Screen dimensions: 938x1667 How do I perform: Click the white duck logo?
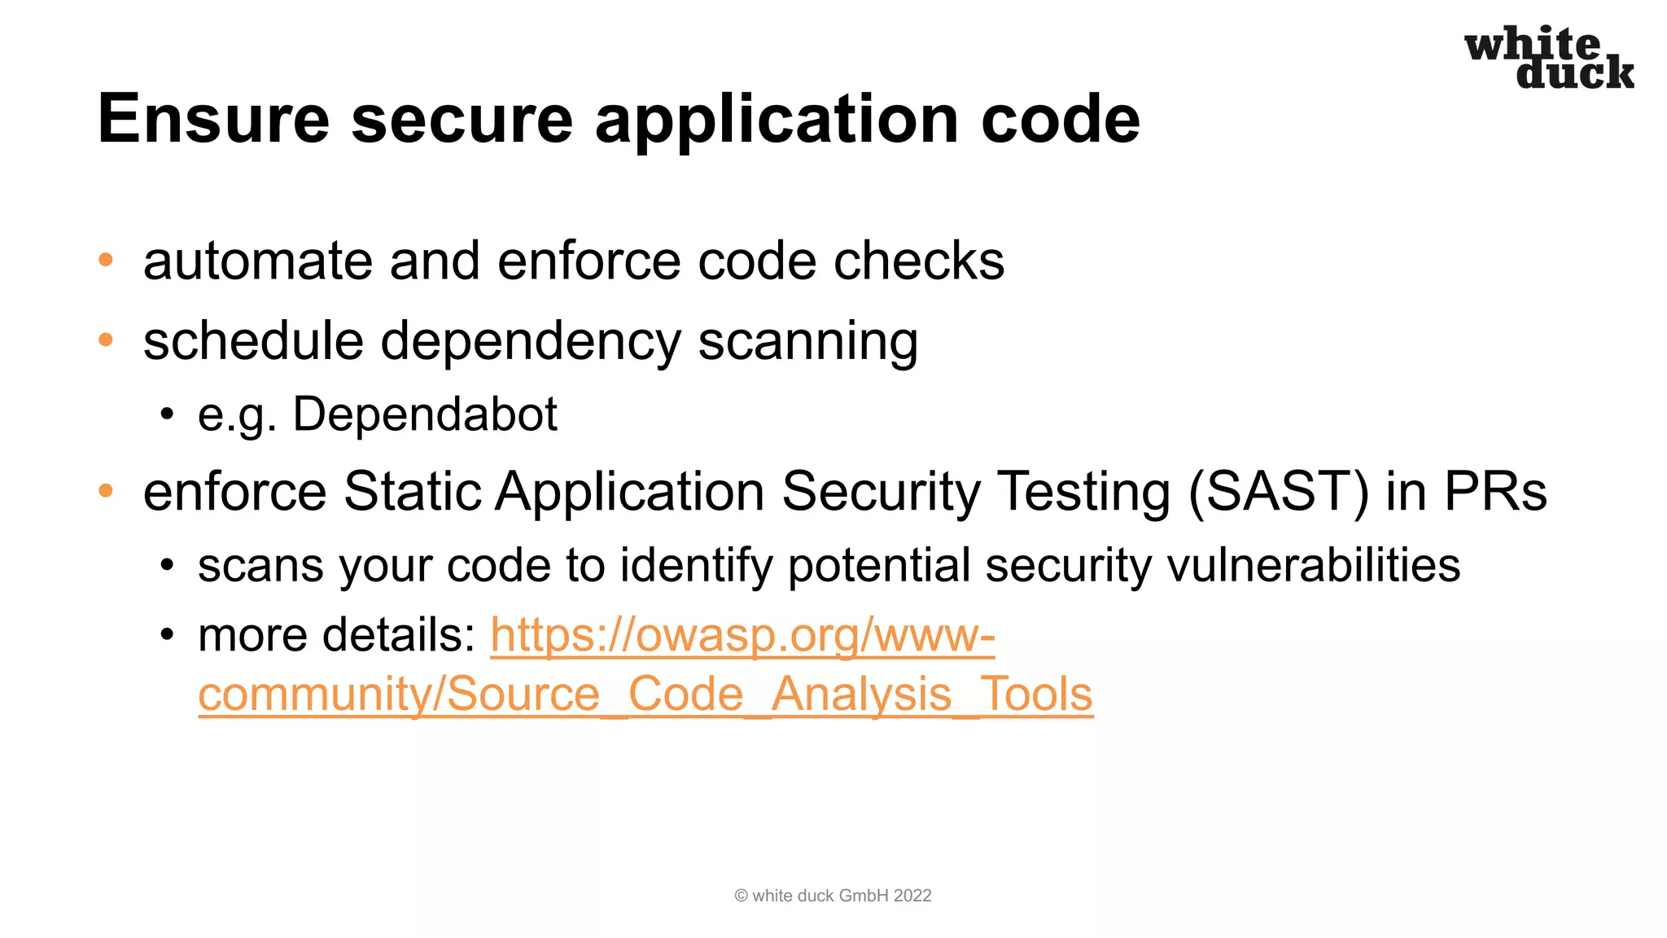(1549, 58)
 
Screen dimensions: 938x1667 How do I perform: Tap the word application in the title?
(777, 121)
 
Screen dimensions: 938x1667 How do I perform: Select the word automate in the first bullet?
(257, 261)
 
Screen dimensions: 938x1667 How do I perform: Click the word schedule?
(253, 340)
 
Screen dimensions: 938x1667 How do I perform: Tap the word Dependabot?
(424, 414)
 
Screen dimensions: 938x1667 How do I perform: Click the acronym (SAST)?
(1279, 492)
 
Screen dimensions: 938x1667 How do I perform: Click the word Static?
(413, 492)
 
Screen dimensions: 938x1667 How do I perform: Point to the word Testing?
(1084, 493)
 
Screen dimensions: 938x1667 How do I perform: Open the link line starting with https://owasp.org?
(742, 635)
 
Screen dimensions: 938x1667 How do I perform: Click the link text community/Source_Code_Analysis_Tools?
(645, 695)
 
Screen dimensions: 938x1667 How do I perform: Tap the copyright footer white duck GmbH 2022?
(833, 896)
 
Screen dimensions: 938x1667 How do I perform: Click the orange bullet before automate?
(105, 261)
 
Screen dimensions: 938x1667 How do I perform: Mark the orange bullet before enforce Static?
(105, 491)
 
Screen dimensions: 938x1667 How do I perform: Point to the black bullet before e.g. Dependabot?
(167, 414)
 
